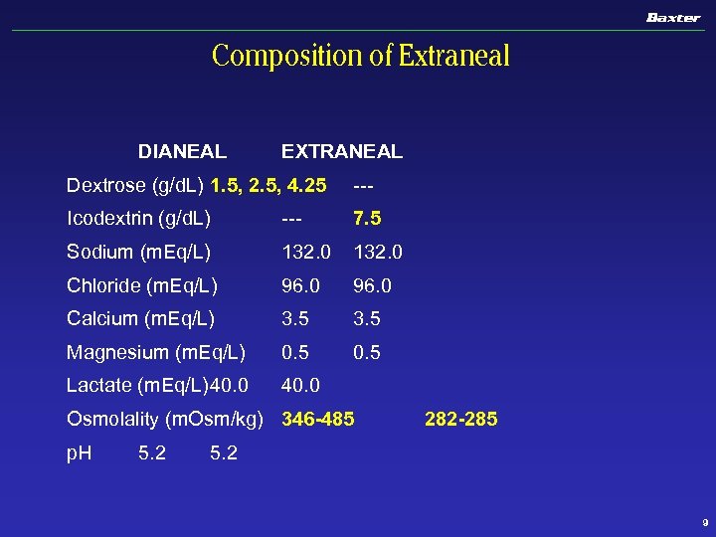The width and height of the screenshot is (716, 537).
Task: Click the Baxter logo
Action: click(x=673, y=17)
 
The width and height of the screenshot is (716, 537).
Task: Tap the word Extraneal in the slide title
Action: click(x=454, y=56)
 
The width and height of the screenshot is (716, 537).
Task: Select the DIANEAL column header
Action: click(x=182, y=152)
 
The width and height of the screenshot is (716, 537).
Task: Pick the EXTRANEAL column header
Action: click(x=342, y=152)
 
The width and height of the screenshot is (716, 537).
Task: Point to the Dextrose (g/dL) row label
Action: click(x=135, y=185)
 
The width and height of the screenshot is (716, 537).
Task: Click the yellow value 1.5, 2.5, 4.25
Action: click(x=269, y=185)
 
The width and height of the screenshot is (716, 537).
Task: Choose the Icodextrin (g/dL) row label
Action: click(x=138, y=219)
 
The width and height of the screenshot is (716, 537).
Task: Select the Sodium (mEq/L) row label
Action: click(x=138, y=253)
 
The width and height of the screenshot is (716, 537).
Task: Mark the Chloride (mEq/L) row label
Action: click(x=142, y=286)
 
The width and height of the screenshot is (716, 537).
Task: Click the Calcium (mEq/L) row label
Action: click(x=140, y=319)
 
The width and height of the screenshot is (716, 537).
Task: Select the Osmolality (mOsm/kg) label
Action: click(x=164, y=420)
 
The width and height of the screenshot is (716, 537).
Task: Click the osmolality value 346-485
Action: click(x=318, y=420)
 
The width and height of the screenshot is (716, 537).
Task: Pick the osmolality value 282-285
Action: click(x=460, y=420)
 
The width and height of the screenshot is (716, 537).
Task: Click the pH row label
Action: click(x=79, y=453)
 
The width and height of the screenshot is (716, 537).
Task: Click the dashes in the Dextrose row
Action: click(x=363, y=185)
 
